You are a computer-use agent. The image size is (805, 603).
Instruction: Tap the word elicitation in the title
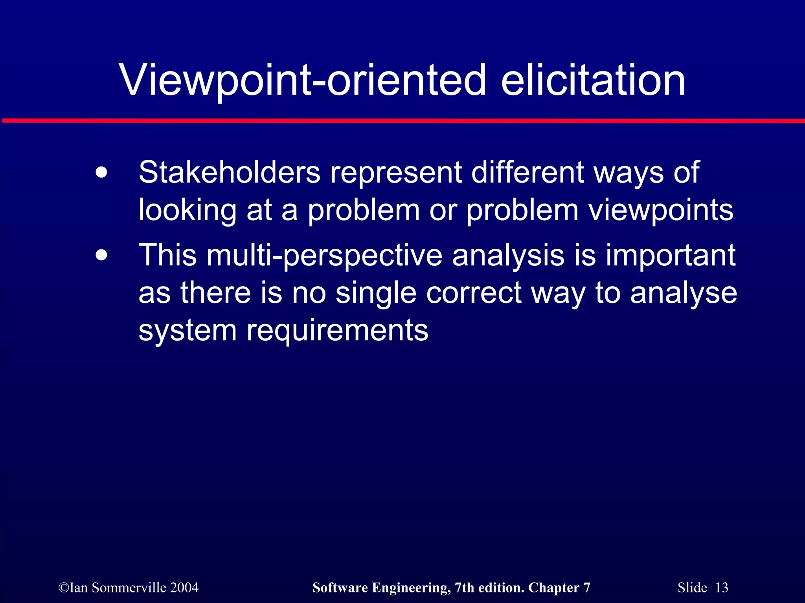(x=593, y=80)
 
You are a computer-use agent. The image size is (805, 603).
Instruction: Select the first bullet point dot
(x=101, y=173)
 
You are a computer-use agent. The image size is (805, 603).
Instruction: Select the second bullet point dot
(x=101, y=256)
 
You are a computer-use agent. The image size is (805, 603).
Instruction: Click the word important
(x=670, y=256)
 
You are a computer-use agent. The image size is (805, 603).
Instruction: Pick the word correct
(x=473, y=293)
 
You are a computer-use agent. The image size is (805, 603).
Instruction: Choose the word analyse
(x=684, y=293)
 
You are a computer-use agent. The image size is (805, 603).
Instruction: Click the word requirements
(x=337, y=331)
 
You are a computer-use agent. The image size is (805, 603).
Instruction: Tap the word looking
(x=187, y=210)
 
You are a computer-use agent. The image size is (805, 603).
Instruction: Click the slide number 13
(x=721, y=588)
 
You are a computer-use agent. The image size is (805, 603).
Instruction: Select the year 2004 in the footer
(x=184, y=588)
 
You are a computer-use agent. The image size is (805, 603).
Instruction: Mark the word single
(x=375, y=293)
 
